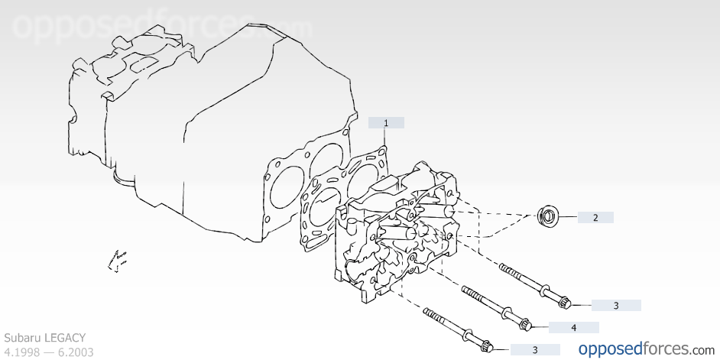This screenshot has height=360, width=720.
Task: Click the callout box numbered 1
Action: coord(386,122)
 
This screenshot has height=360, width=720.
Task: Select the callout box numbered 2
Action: coord(595,218)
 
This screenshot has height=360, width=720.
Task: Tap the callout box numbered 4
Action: coord(573,327)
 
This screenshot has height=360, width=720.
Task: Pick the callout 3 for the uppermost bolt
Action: coord(616,306)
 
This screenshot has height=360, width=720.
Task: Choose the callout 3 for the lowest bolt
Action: coord(535,350)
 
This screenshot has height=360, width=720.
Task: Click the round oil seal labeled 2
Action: coord(548,216)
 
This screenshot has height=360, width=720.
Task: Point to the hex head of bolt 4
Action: coord(525,325)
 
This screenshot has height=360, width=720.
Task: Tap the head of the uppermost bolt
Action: coord(564,302)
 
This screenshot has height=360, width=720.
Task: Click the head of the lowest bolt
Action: coord(487,346)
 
